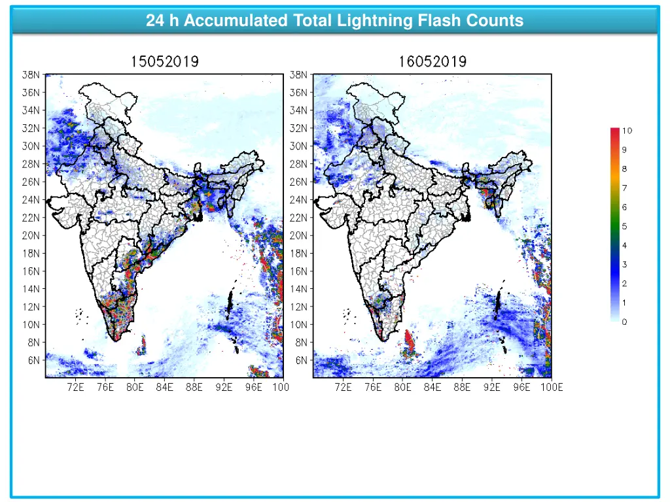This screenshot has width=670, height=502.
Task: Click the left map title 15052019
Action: coord(165,62)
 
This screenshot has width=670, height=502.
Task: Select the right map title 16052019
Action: coord(432,62)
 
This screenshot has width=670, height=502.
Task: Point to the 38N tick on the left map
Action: coord(32,75)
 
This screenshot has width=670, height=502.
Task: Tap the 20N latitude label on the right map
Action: coord(300,235)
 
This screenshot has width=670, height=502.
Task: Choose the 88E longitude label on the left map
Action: coord(194,388)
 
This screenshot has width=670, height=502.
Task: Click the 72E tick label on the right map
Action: coord(344,388)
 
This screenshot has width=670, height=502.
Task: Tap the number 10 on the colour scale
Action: coord(627,131)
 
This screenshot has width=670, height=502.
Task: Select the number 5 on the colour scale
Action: coord(624,226)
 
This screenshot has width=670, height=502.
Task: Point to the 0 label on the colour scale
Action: coord(624,321)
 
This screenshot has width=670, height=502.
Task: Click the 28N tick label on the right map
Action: coord(300,163)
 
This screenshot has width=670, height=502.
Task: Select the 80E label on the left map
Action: coord(135,388)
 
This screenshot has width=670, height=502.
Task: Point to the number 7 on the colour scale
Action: coord(624,188)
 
